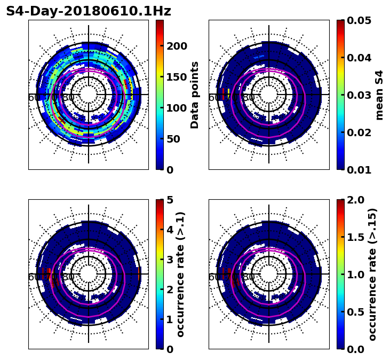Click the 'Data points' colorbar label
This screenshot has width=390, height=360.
tap(195, 95)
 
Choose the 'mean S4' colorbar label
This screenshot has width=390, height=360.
tap(379, 95)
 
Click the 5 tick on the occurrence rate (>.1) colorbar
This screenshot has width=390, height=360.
tap(170, 200)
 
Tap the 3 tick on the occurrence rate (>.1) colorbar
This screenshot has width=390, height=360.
tap(170, 260)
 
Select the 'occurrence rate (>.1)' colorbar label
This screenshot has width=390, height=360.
tap(180, 274)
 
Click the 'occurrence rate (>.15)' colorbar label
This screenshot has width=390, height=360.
tap(372, 274)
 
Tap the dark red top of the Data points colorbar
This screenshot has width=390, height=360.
tap(160, 22)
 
